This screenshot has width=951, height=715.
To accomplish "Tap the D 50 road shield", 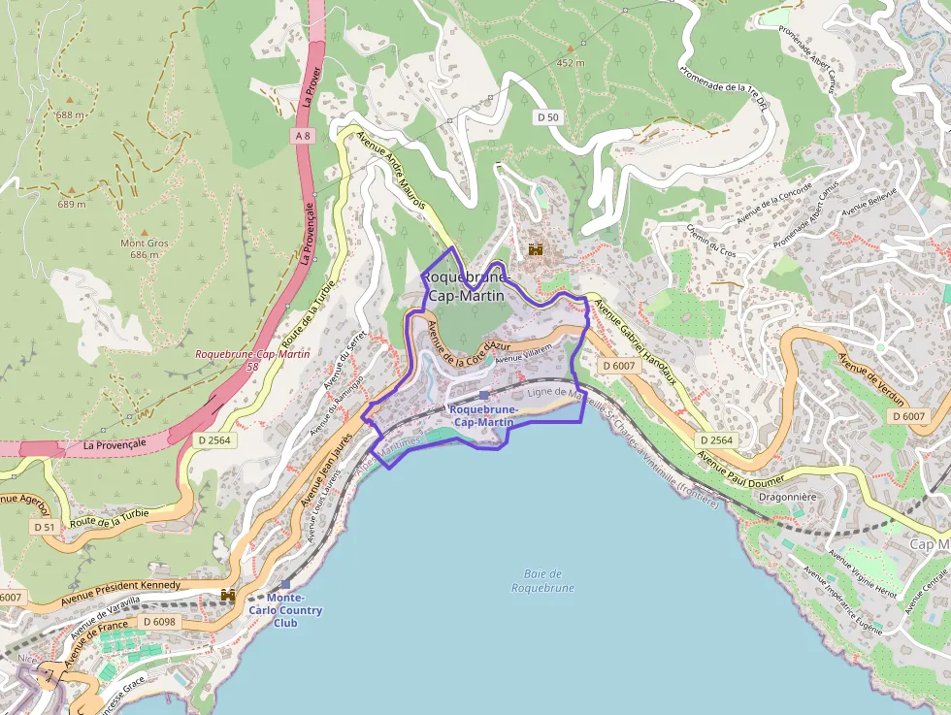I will pos(548,116).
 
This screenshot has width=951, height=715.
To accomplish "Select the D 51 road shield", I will pos(44,527).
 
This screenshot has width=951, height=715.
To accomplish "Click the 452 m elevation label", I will pos(570,63).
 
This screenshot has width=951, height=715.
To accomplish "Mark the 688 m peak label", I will pos(70,114).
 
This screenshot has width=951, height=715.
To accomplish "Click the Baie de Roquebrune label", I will pos(542,581).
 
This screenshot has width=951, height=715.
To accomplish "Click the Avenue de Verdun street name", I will pos(870,381).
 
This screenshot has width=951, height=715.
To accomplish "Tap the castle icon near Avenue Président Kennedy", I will pos(229,594).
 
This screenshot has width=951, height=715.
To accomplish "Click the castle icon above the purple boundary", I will pos(535,249).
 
